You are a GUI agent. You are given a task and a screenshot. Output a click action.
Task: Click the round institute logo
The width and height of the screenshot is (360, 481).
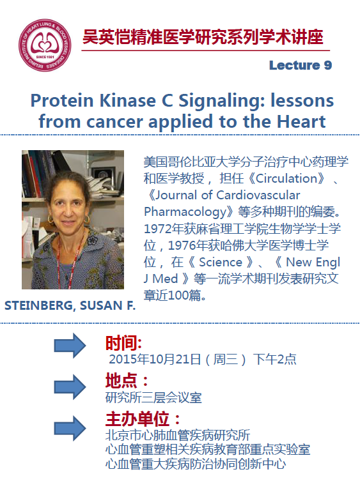(45, 45)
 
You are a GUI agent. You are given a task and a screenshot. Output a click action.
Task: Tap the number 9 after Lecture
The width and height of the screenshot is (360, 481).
(328, 65)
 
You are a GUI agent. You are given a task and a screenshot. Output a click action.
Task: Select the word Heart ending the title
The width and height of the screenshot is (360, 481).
(301, 121)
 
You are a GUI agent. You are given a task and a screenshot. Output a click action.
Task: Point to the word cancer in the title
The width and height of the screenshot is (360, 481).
(114, 122)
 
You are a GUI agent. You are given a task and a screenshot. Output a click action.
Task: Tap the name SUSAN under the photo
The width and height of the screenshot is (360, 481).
(101, 305)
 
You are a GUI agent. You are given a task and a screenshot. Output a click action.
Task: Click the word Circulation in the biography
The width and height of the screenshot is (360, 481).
(287, 178)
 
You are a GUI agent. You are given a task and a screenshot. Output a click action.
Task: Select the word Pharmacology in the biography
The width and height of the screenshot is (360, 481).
(185, 212)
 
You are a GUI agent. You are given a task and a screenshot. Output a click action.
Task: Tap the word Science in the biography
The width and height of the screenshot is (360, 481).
(221, 263)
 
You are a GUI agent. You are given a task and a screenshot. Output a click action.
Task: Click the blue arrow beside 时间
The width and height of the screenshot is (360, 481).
(70, 346)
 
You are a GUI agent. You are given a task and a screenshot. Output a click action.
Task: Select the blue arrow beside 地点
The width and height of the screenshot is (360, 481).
(70, 386)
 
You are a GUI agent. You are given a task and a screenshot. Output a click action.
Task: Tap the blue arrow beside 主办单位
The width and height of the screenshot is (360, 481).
(70, 428)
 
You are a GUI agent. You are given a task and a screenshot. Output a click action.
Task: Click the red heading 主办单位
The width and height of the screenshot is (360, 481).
(137, 419)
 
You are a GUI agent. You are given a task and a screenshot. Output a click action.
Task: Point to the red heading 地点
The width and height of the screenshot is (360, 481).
(121, 381)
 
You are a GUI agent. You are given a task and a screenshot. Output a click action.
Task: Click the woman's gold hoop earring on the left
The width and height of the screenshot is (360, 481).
(51, 219)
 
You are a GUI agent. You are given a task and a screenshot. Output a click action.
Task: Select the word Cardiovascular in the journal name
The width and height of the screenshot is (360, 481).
(258, 195)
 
